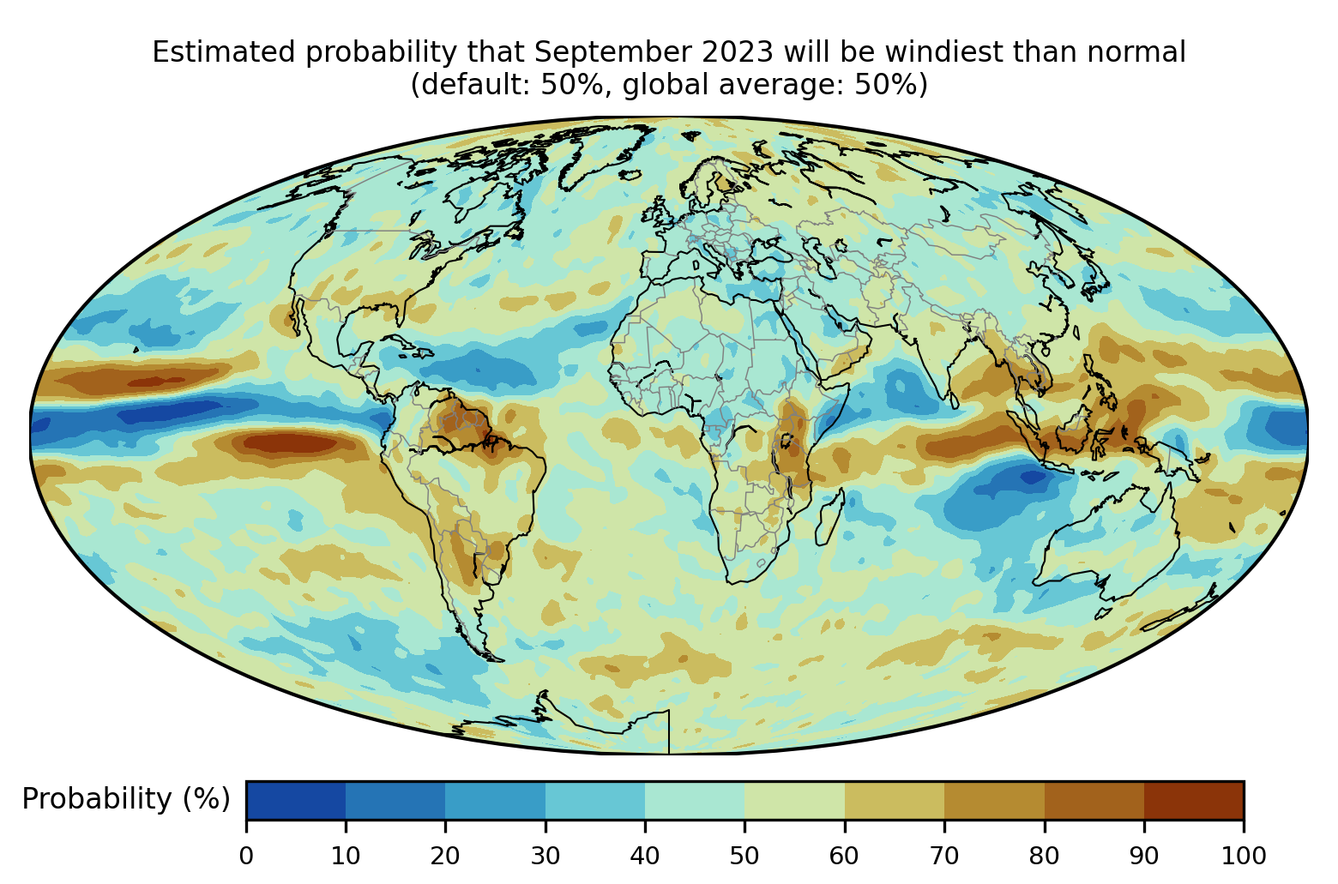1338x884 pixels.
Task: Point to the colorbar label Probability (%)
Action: tap(126, 799)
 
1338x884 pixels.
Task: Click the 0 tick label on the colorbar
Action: tap(246, 856)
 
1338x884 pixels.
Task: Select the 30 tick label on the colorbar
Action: tap(545, 856)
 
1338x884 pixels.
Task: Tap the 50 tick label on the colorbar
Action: tap(744, 856)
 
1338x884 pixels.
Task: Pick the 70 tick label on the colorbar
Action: tap(944, 856)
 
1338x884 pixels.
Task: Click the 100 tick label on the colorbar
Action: tap(1244, 856)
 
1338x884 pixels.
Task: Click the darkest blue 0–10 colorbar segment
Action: tap(296, 800)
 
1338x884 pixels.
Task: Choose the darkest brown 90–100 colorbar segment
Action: tap(1194, 800)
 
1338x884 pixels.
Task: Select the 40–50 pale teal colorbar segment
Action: tap(695, 800)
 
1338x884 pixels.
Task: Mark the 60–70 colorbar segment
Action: tap(895, 800)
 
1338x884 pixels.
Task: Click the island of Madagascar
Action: tap(829, 519)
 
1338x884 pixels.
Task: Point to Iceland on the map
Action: tap(630, 175)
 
